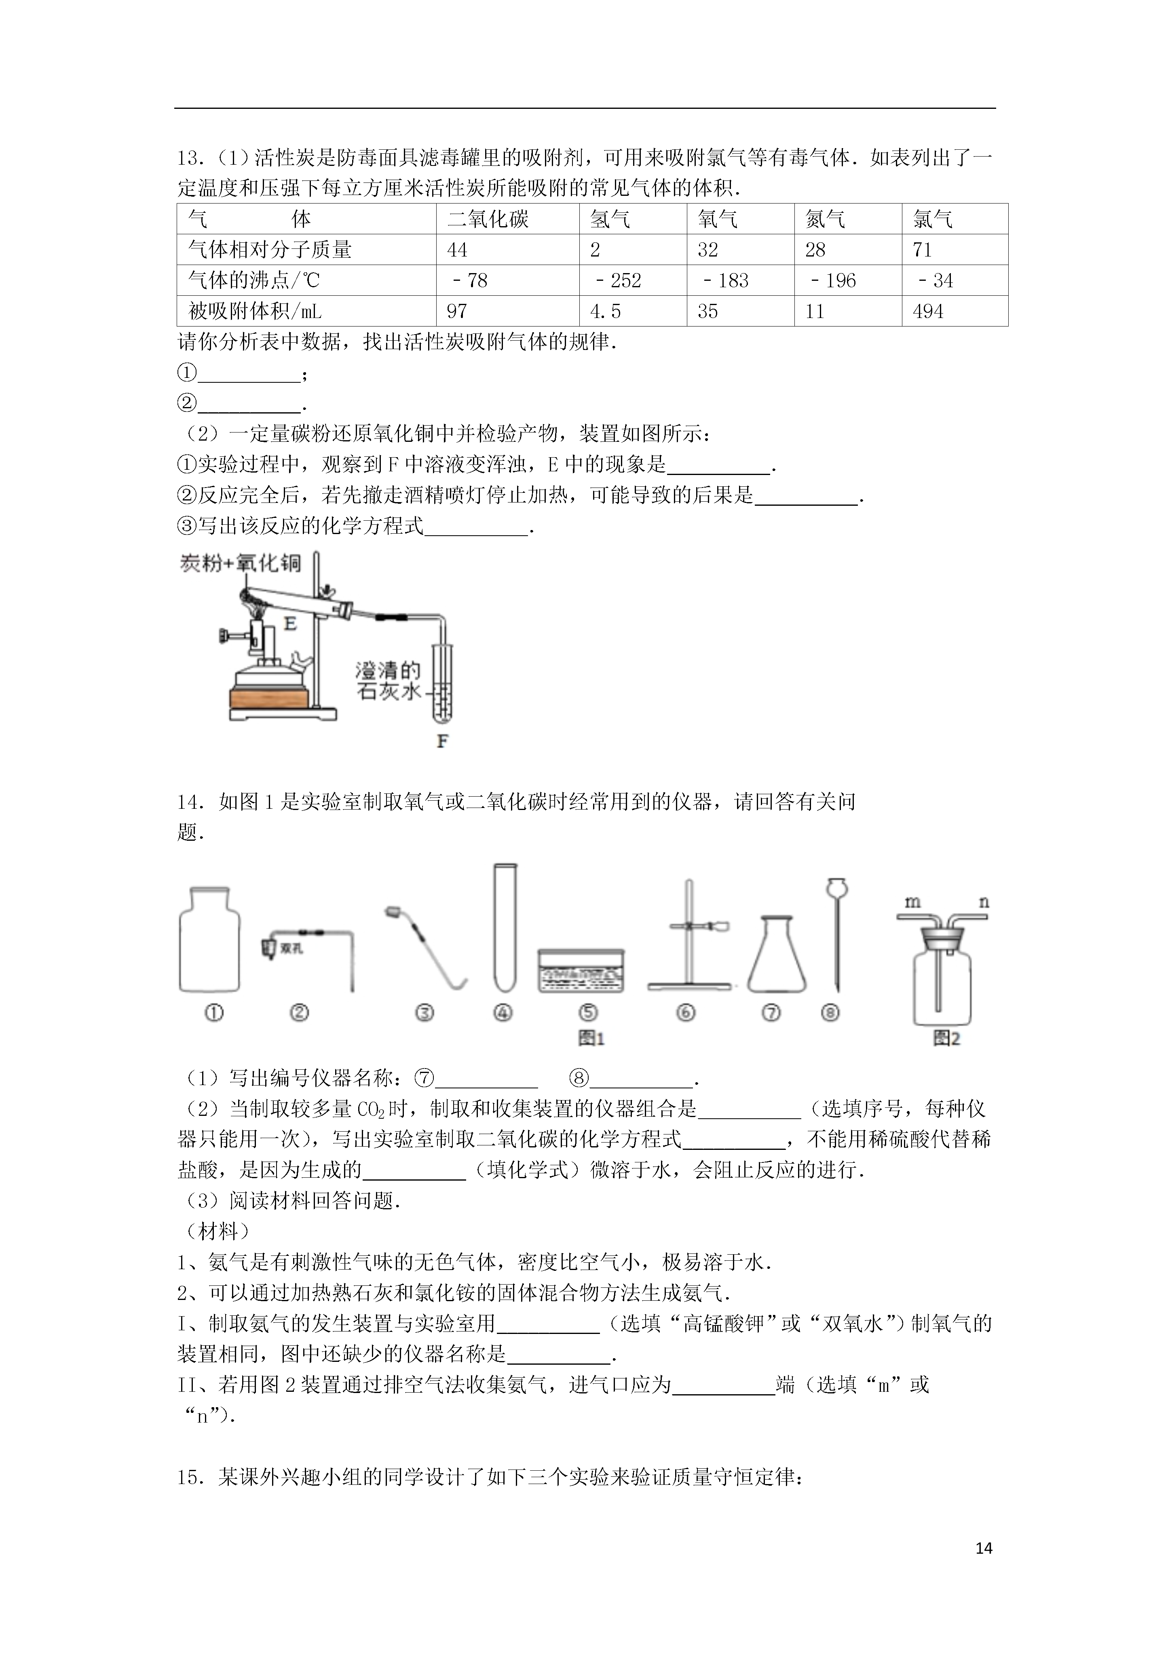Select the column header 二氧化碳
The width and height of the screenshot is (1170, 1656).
(488, 219)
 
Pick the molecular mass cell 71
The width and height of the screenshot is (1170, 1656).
(922, 250)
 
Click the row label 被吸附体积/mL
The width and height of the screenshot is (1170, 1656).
(254, 312)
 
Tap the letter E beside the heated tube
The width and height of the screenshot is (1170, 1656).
(290, 623)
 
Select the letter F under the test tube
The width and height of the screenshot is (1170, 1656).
(443, 741)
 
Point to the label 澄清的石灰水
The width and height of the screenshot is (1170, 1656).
(388, 681)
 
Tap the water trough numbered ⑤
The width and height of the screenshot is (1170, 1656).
(581, 971)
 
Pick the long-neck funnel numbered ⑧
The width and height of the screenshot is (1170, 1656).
(836, 934)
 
